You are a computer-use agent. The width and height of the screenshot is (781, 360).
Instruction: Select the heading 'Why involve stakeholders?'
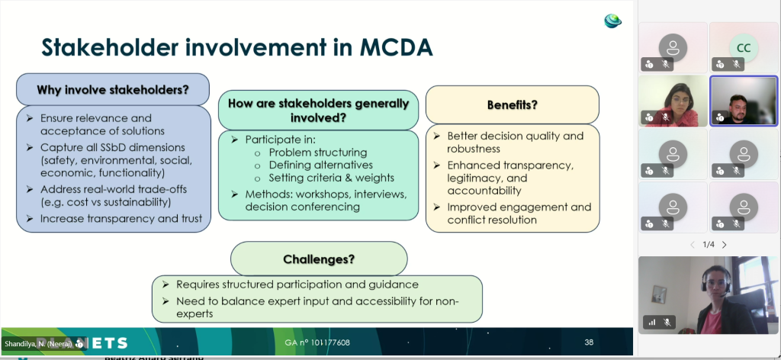pos(113,89)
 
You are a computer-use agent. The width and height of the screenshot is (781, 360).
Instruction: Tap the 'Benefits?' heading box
pos(512,104)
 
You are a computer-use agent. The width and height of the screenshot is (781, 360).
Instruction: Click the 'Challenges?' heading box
pos(319,259)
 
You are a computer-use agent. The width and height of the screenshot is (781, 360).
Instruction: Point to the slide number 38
pos(588,342)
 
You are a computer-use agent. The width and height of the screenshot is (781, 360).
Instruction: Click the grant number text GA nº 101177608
pos(317,342)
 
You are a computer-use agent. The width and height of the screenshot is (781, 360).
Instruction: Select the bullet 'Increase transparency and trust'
pos(121,219)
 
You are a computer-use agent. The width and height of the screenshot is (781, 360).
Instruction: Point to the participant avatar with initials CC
pos(743,47)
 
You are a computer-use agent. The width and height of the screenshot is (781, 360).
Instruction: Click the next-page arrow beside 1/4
pos(724,245)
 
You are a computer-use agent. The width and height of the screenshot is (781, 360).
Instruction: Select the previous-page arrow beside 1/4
pos(693,245)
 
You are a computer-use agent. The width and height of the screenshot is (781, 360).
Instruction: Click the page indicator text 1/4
pos(709,245)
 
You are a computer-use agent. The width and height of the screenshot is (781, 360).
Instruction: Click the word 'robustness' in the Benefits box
pos(474,149)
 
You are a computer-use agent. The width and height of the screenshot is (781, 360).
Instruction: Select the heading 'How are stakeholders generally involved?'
pos(318,110)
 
